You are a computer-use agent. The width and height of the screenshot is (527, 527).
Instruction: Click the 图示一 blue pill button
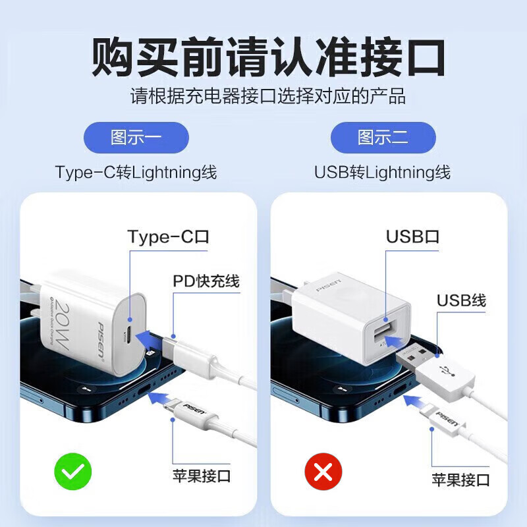coord(136,138)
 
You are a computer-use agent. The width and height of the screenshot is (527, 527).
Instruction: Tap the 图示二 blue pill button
coord(383,138)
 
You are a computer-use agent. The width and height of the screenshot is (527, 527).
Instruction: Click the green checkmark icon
coord(72,472)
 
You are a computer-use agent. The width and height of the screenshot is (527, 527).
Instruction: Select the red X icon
coord(323,472)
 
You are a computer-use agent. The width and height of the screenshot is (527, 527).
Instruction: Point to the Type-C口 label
coord(168,237)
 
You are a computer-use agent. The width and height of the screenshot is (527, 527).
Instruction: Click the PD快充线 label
coord(206,282)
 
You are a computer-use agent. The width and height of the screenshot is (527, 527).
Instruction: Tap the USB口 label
coord(412,237)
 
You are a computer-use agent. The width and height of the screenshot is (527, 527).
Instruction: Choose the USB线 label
coord(461,300)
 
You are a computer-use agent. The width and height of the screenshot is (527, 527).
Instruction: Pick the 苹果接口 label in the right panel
coord(461,479)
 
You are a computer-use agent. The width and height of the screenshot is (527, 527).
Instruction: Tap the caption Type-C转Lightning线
coord(136,173)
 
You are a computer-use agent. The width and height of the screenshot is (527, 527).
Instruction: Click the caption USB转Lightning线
coord(383,173)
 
